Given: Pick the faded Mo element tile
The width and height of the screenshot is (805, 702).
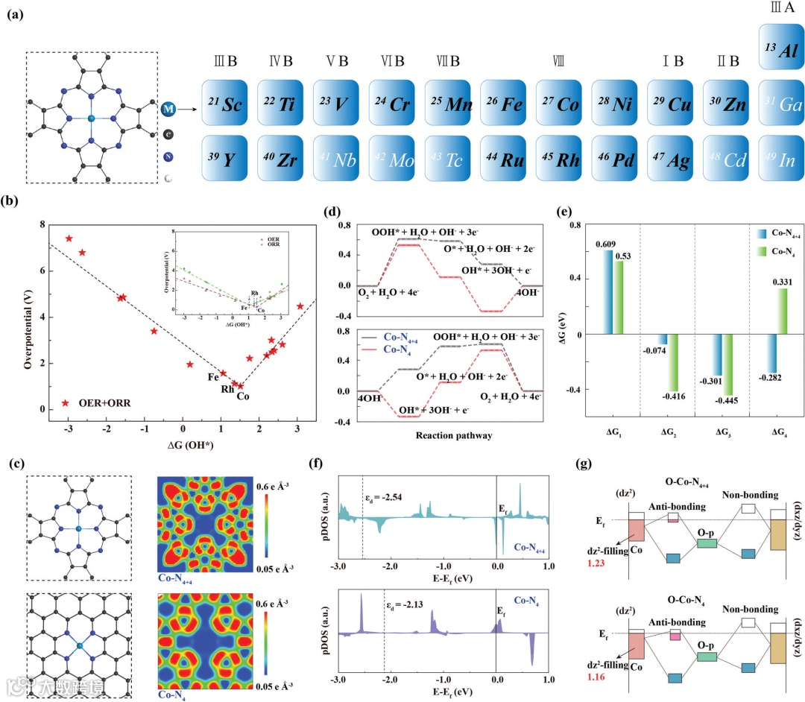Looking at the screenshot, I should tap(395, 159).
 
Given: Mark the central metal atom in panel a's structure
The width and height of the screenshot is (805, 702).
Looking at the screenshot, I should tap(91, 118).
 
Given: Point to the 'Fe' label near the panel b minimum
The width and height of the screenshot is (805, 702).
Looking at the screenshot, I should tap(212, 376).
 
